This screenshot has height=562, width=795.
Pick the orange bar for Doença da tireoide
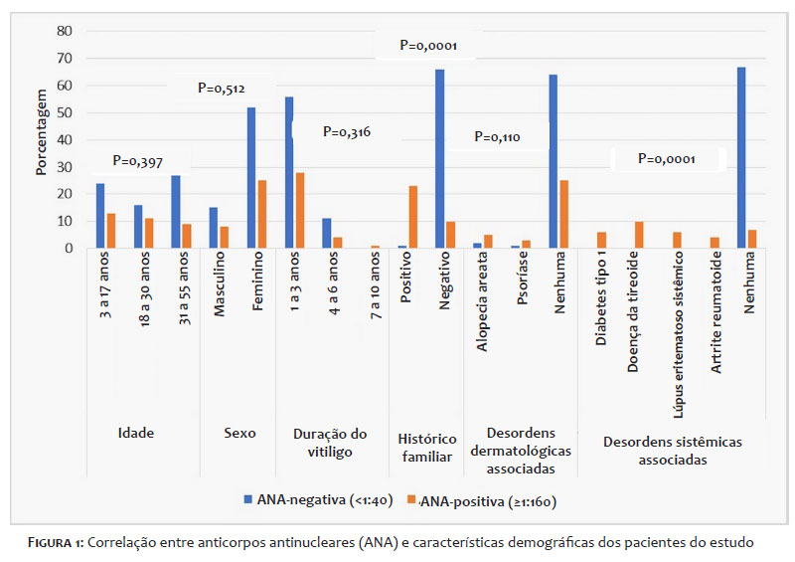point(640,235)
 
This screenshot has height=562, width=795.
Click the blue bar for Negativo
point(439,158)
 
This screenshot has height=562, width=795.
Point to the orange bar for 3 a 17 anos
point(112,231)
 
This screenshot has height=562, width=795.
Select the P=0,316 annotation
point(347,131)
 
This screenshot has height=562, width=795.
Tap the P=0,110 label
point(497,136)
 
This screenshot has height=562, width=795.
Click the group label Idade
point(135,433)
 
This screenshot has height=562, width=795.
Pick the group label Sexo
point(239,433)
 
